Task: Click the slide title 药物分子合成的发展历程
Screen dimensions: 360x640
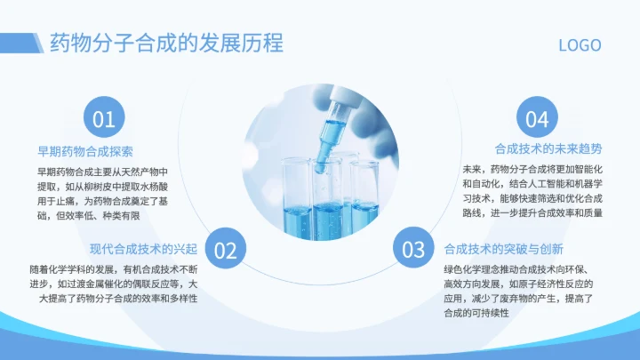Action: tap(165, 43)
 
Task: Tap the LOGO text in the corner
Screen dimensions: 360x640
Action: tap(580, 45)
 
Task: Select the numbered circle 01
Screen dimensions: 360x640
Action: tap(104, 119)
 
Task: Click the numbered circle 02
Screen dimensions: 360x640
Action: tap(226, 250)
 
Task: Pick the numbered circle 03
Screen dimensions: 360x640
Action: tap(414, 250)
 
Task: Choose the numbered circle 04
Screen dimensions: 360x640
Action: tap(537, 119)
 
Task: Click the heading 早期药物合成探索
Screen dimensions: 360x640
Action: tap(85, 151)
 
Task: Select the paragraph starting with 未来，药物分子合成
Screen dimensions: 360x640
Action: tap(532, 191)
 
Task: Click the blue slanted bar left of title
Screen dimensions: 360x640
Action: tap(37, 43)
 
